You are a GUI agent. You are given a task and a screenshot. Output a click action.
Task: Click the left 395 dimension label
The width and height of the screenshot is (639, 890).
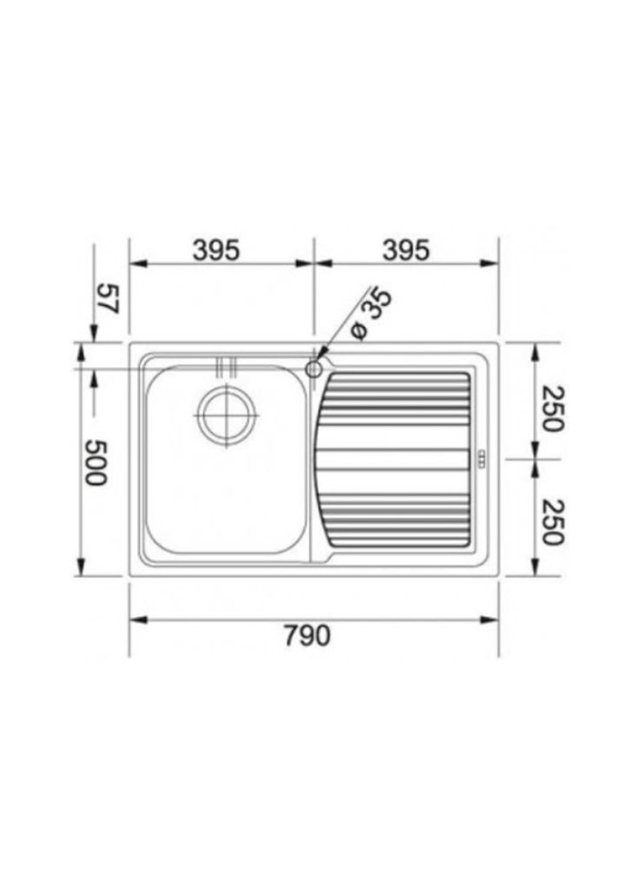point(216,250)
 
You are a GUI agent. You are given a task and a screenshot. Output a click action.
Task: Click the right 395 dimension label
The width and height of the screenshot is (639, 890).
point(406,250)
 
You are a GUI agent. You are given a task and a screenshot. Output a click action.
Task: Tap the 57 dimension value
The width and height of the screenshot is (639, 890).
point(107,299)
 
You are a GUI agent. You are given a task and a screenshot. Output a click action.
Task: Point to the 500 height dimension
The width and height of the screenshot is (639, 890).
point(96,462)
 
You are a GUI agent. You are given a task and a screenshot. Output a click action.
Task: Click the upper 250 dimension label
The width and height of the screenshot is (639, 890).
point(551,408)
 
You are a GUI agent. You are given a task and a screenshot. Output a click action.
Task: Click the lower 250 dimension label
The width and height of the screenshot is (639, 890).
point(551,521)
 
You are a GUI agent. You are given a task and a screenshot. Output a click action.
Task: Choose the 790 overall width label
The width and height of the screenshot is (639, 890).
point(306,635)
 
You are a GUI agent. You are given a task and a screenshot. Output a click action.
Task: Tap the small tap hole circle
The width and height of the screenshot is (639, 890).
point(313,369)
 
